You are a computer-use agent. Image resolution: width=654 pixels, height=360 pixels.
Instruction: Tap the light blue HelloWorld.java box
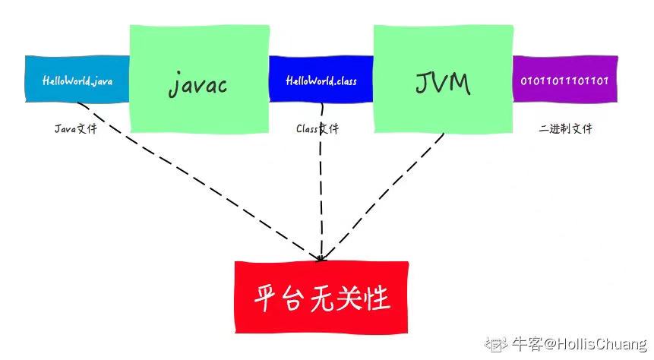tap(77, 79)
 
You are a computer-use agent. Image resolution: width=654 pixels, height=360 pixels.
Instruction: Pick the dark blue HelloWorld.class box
tap(321, 80)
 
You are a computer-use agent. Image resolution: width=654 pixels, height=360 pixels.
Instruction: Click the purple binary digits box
tap(564, 80)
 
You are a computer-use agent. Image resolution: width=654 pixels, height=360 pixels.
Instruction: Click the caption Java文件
tap(76, 128)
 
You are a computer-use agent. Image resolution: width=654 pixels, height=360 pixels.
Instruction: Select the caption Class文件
tap(318, 128)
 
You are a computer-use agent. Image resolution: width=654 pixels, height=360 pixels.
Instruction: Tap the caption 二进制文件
tap(565, 128)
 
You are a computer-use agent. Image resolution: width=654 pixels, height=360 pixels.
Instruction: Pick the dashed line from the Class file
tap(321, 190)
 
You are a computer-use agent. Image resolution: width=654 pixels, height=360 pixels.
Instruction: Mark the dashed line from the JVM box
tap(387, 194)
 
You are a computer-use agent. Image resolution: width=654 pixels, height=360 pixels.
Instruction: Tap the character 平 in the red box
tap(265, 298)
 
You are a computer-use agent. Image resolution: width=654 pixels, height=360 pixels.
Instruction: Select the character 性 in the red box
tap(378, 298)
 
